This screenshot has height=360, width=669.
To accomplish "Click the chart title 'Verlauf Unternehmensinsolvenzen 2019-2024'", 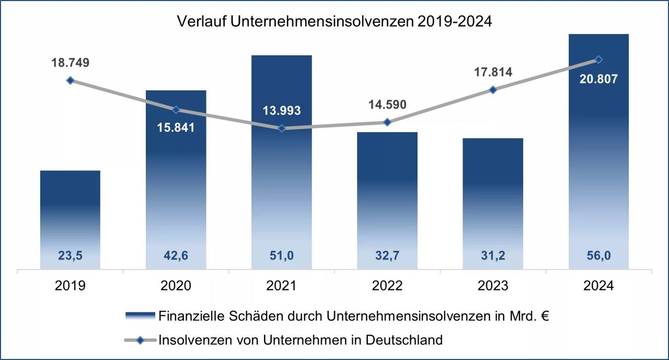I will pos(334,21).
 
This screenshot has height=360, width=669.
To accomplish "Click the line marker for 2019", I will pos(71,80).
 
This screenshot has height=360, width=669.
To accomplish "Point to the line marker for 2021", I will pos(282,128).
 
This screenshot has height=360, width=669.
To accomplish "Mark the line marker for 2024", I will pos(599,60).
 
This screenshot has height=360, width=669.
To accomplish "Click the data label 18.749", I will pos(71,63).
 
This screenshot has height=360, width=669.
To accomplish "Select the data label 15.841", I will pos(176,127).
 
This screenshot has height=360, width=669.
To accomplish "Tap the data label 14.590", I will pos(387,104).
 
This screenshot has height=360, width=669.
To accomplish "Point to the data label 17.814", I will pos(493,72).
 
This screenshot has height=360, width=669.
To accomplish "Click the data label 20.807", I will pos(599,79).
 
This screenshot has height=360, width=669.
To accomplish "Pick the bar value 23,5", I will pos(71,257).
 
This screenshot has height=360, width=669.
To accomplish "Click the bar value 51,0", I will pos(282,257).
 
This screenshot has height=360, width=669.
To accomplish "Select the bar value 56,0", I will pos(599,257).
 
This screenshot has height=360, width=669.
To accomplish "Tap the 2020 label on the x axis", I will pos(176,286).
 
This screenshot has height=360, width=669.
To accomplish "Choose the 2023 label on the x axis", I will pos(493,286).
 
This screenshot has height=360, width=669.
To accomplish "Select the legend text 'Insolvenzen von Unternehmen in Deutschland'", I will pos(301,340).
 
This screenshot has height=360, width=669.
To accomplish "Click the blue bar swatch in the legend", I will pos(140,316).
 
